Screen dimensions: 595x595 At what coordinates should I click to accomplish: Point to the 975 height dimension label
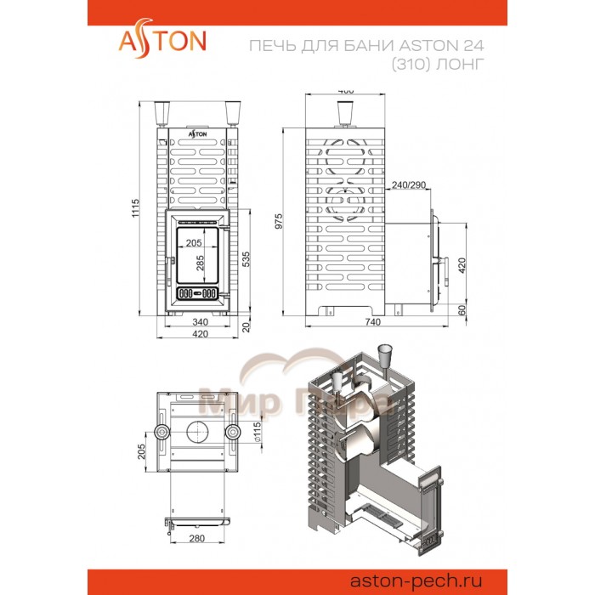coord(290,220)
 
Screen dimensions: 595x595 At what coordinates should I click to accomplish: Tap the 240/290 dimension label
coord(408,184)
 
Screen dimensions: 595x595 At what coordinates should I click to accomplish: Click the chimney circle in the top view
coord(196,430)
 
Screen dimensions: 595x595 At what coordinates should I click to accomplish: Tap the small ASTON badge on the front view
coord(196,134)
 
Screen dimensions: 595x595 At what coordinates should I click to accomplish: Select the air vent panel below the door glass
coord(196,295)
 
